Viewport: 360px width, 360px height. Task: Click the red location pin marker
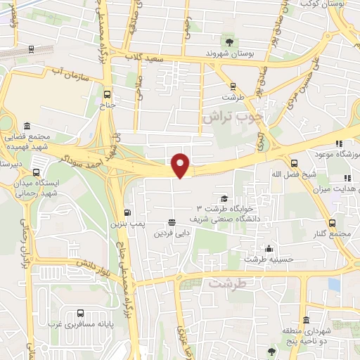click(181, 165)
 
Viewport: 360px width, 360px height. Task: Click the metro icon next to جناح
click(107, 93)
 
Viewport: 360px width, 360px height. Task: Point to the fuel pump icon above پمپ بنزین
click(127, 212)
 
